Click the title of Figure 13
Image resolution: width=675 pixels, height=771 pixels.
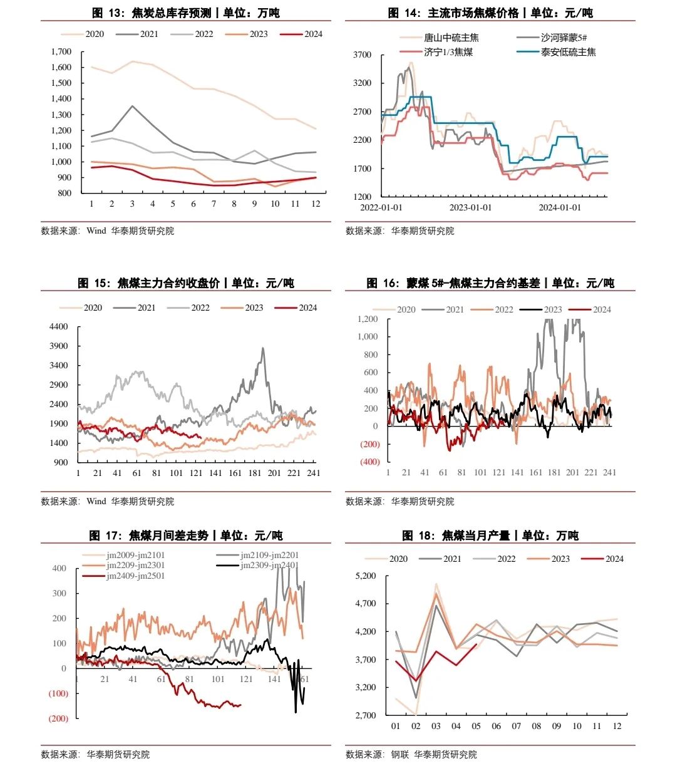[x=185, y=13]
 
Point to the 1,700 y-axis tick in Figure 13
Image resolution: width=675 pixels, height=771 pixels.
[x=61, y=52]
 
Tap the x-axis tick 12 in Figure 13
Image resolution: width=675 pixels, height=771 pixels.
[x=316, y=204]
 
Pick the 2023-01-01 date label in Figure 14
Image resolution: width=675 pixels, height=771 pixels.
[x=471, y=207]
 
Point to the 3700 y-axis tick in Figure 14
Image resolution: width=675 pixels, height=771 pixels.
[x=363, y=55]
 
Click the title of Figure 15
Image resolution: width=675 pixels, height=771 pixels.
[x=185, y=283]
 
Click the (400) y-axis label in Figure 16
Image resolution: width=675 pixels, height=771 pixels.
[x=369, y=462]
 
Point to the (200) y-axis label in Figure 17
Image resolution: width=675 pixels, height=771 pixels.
[x=58, y=718]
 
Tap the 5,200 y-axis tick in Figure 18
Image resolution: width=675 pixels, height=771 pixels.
[x=365, y=576]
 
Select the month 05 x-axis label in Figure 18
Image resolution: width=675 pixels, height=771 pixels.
[x=476, y=726]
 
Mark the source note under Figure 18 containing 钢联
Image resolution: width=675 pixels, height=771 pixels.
[x=411, y=754]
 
